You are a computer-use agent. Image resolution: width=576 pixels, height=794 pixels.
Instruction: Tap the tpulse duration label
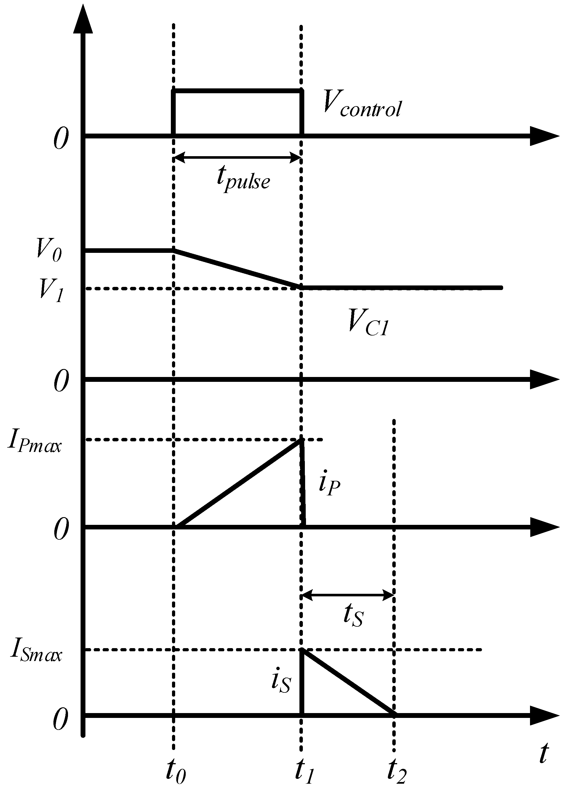[x=243, y=180]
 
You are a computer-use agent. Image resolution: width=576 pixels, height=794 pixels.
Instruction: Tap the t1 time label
[x=305, y=771]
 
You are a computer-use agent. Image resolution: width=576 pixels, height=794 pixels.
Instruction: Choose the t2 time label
[x=397, y=771]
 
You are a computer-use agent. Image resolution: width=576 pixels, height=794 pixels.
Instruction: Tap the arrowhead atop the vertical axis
[x=83, y=19]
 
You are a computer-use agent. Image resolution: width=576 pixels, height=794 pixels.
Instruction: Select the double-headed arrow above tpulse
[x=237, y=158]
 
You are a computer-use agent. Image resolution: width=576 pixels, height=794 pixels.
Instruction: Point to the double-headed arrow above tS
[x=348, y=595]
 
